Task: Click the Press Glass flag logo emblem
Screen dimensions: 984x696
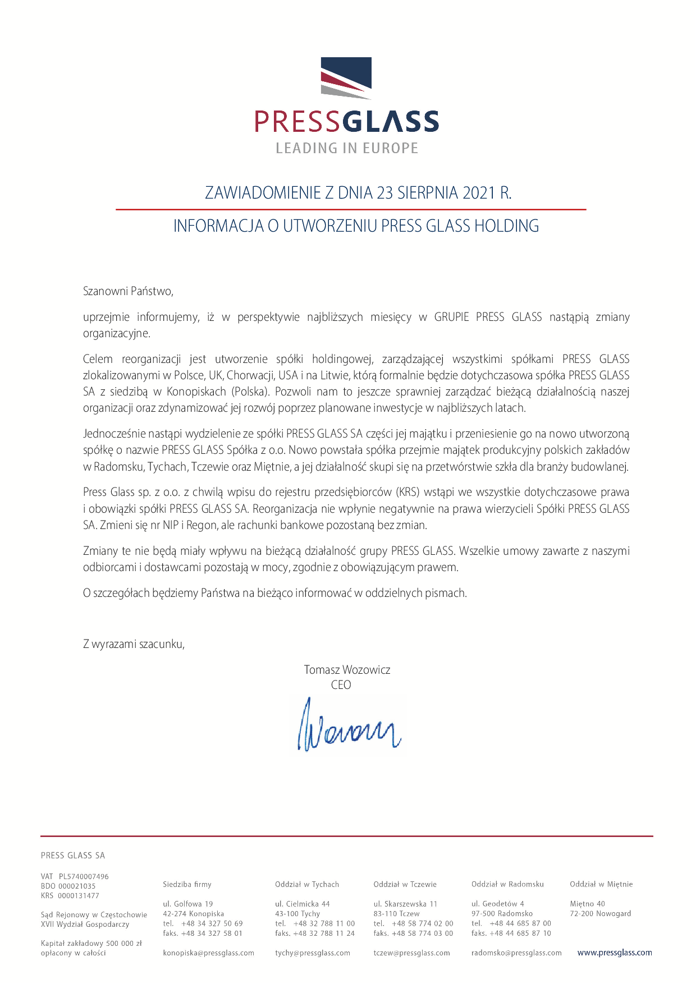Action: pyautogui.click(x=346, y=77)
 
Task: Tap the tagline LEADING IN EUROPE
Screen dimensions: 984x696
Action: pyautogui.click(x=347, y=148)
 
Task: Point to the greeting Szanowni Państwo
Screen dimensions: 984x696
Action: pyautogui.click(x=129, y=291)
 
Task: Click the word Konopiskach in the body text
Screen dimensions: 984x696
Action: pyautogui.click(x=196, y=392)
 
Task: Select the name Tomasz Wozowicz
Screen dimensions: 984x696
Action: pyautogui.click(x=347, y=669)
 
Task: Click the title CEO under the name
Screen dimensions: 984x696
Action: pyautogui.click(x=341, y=684)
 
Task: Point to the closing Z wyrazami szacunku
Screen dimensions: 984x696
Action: pyautogui.click(x=134, y=644)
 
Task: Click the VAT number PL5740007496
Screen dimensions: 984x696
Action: pyautogui.click(x=84, y=876)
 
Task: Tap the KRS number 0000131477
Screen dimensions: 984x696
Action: pyautogui.click(x=79, y=895)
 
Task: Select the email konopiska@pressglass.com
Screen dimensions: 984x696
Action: pyautogui.click(x=208, y=953)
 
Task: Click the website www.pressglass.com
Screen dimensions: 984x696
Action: pyautogui.click(x=615, y=952)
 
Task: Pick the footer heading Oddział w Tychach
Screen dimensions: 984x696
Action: pyautogui.click(x=307, y=884)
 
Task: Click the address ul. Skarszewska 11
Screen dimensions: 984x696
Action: pyautogui.click(x=405, y=904)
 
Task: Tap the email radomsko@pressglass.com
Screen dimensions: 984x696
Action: pyautogui.click(x=516, y=953)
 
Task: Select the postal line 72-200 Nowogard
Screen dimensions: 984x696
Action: pyautogui.click(x=600, y=913)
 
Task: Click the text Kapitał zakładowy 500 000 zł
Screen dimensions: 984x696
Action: pyautogui.click(x=91, y=943)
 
